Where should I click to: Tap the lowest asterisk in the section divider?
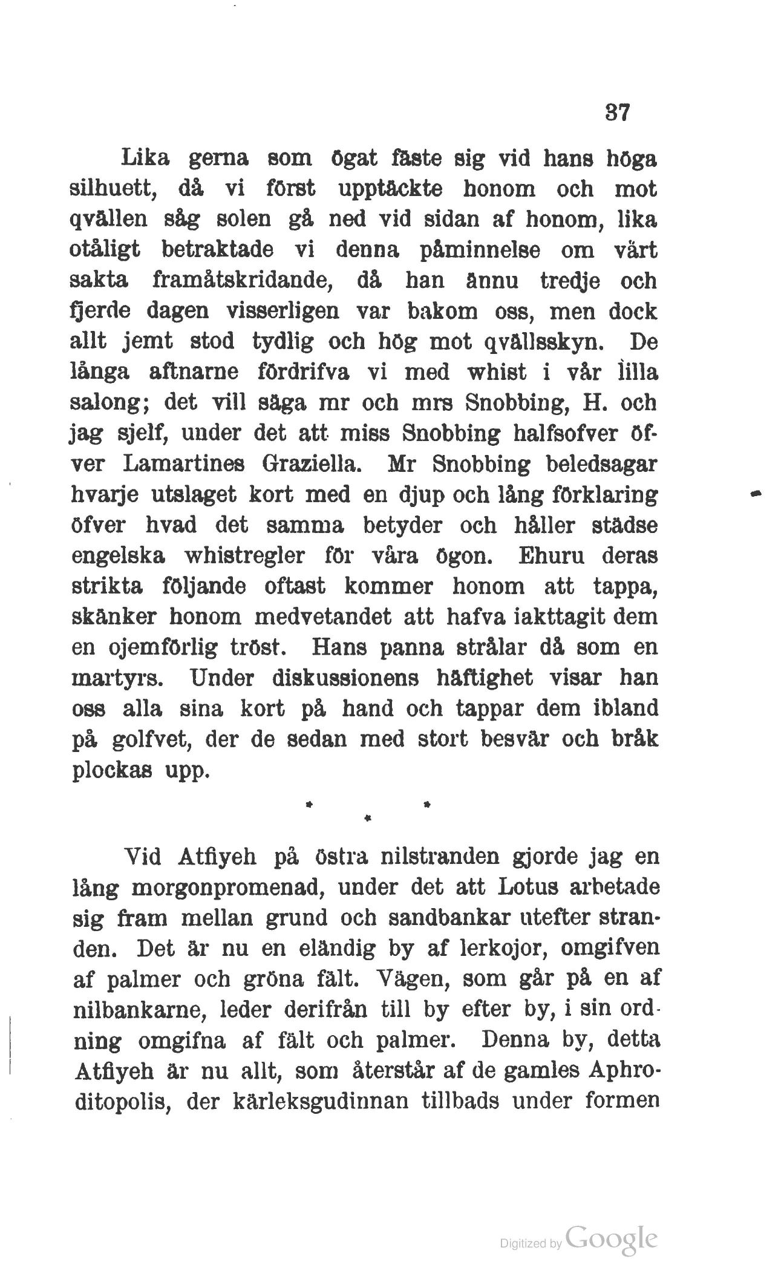click(x=367, y=819)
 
